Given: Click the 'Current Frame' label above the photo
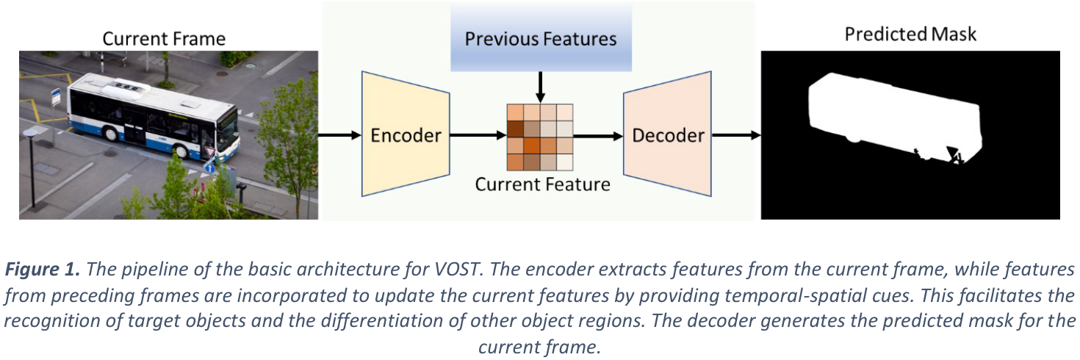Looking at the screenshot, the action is (x=164, y=38).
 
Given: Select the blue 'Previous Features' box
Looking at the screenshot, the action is (x=541, y=38).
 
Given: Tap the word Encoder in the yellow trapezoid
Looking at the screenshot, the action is (x=406, y=135).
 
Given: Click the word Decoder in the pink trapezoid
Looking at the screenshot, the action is (x=669, y=135).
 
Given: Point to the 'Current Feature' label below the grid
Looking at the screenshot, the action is (x=542, y=184).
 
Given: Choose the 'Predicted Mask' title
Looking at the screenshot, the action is (x=910, y=35).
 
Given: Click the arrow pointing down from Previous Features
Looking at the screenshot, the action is (x=541, y=87).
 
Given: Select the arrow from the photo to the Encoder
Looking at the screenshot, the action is (x=340, y=135).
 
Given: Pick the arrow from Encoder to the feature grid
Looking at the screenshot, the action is (x=478, y=135).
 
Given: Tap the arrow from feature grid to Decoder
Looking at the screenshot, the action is (x=598, y=137).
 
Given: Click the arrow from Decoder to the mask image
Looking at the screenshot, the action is (x=736, y=135).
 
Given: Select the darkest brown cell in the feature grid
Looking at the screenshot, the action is (x=516, y=129).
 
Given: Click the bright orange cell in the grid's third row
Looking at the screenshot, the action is (x=532, y=145).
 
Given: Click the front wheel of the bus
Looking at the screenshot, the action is (x=182, y=151).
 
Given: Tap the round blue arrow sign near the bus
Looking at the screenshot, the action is (x=209, y=168).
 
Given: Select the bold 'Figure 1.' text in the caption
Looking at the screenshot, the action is (x=43, y=268).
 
